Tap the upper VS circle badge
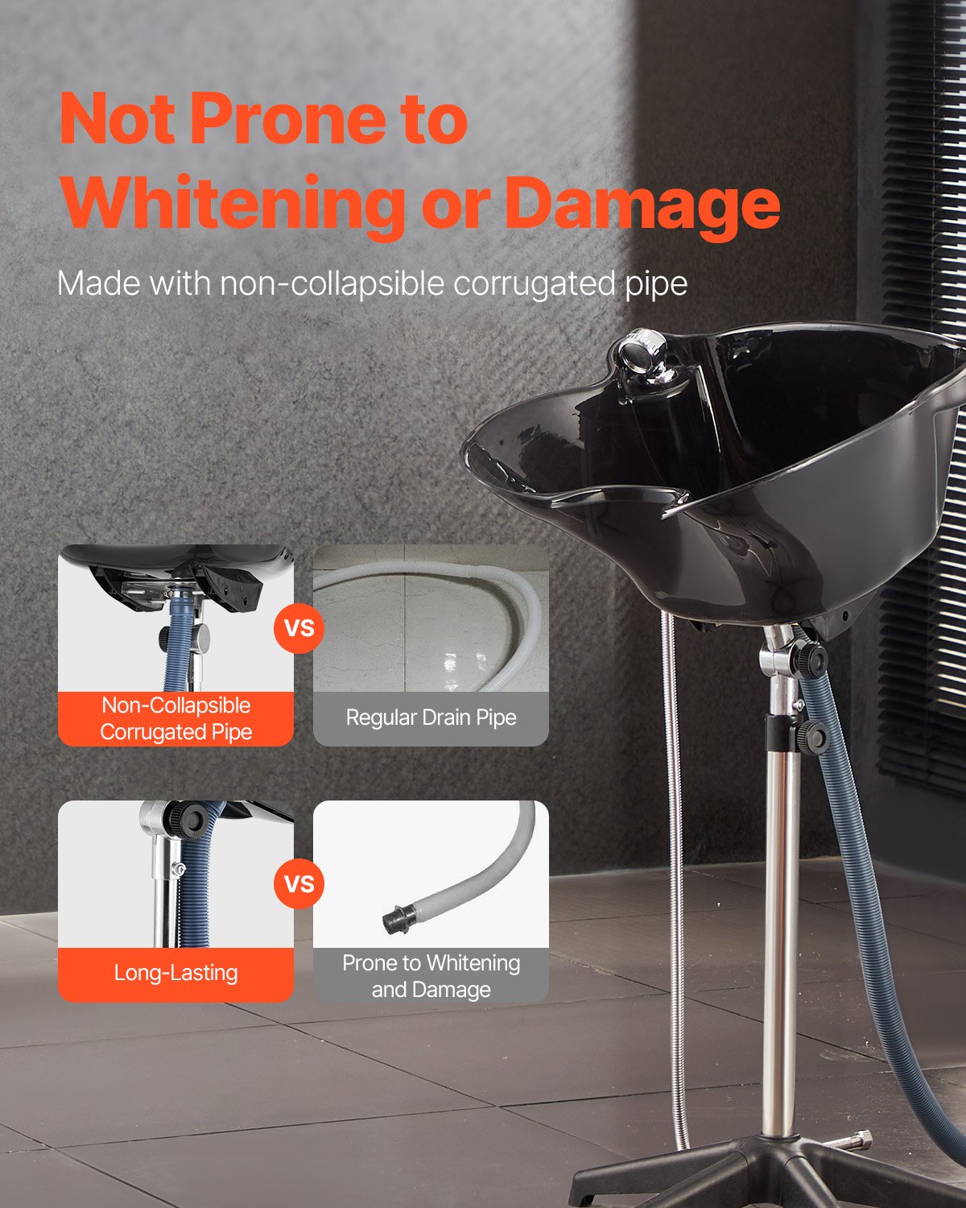299,627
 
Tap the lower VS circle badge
299,883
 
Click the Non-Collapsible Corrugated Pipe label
175,718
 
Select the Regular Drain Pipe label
431,718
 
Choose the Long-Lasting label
175,973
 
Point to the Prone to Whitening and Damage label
431,975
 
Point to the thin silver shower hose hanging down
675,886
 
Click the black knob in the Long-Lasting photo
193,820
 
